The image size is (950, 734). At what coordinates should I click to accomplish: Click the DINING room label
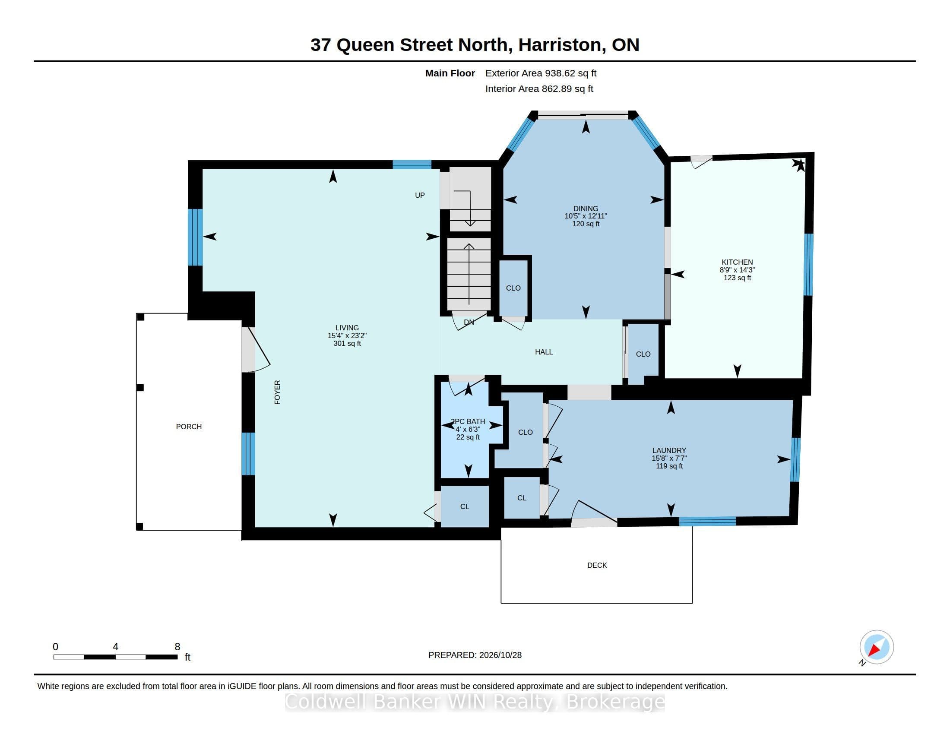click(x=586, y=209)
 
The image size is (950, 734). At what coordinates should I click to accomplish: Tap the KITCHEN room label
click(x=737, y=262)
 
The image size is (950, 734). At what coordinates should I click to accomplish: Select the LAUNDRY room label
click(x=669, y=450)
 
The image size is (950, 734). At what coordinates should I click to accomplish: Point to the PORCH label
click(x=189, y=427)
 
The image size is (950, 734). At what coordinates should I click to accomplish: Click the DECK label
click(x=597, y=565)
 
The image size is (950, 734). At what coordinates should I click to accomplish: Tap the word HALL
click(x=544, y=352)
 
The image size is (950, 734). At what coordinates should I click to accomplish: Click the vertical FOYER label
click(x=277, y=392)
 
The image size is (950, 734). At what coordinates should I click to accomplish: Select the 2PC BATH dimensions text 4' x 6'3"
click(x=468, y=429)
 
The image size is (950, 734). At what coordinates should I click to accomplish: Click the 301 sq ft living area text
click(x=347, y=344)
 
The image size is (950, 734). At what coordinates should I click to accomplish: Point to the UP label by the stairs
click(x=420, y=195)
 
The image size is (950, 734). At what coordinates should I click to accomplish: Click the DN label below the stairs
click(x=469, y=322)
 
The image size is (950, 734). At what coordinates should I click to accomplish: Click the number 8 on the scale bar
click(x=177, y=647)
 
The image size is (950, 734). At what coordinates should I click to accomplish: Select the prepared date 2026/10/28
click(x=500, y=655)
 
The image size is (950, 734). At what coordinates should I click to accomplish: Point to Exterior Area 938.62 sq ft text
click(x=541, y=73)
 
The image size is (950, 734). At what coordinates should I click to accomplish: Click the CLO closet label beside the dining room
click(x=513, y=288)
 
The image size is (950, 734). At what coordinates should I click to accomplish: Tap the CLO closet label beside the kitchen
click(x=643, y=354)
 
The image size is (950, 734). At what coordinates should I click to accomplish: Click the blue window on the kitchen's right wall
click(x=808, y=264)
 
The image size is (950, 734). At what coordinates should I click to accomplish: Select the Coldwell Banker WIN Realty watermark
click(x=475, y=702)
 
